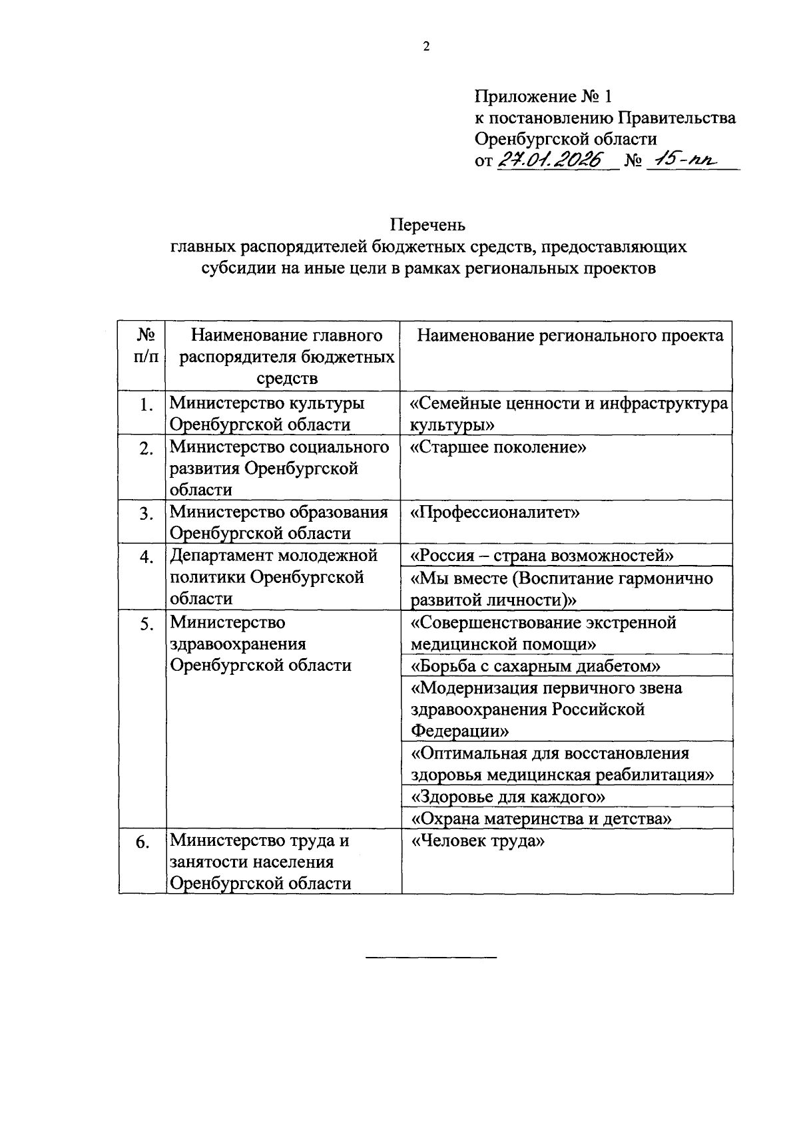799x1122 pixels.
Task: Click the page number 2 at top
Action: (x=426, y=47)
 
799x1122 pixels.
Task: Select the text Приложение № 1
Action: (x=543, y=97)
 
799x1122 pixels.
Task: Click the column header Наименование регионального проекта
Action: (x=570, y=335)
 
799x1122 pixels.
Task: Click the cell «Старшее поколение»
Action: (x=498, y=447)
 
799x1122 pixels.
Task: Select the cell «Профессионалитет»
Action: (x=495, y=512)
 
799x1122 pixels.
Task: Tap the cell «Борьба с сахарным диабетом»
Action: (x=535, y=666)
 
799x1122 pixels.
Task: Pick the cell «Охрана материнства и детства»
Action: (x=541, y=819)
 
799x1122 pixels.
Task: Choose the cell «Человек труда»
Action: (x=478, y=841)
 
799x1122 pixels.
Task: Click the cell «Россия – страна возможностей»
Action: (x=543, y=556)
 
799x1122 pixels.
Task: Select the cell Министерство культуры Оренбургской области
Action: (x=266, y=414)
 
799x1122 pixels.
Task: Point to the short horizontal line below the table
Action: (x=431, y=957)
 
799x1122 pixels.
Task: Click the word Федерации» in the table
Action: (x=459, y=731)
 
